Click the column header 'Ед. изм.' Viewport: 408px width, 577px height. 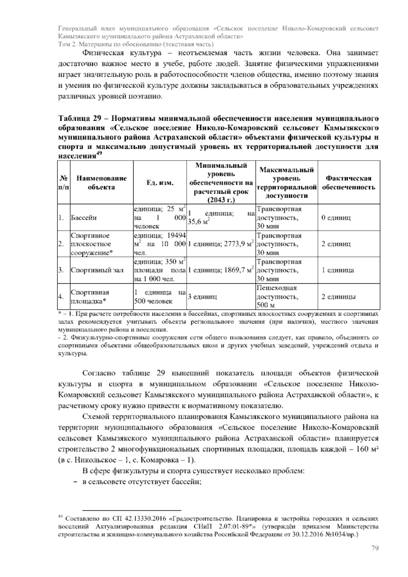point(160,183)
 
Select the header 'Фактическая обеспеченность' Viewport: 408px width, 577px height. point(348,183)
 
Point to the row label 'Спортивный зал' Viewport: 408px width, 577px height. point(97,270)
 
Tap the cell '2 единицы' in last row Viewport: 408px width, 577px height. point(339,297)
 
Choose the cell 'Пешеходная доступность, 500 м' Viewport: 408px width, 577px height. point(277,297)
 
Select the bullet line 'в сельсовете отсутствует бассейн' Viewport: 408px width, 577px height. point(140,481)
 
